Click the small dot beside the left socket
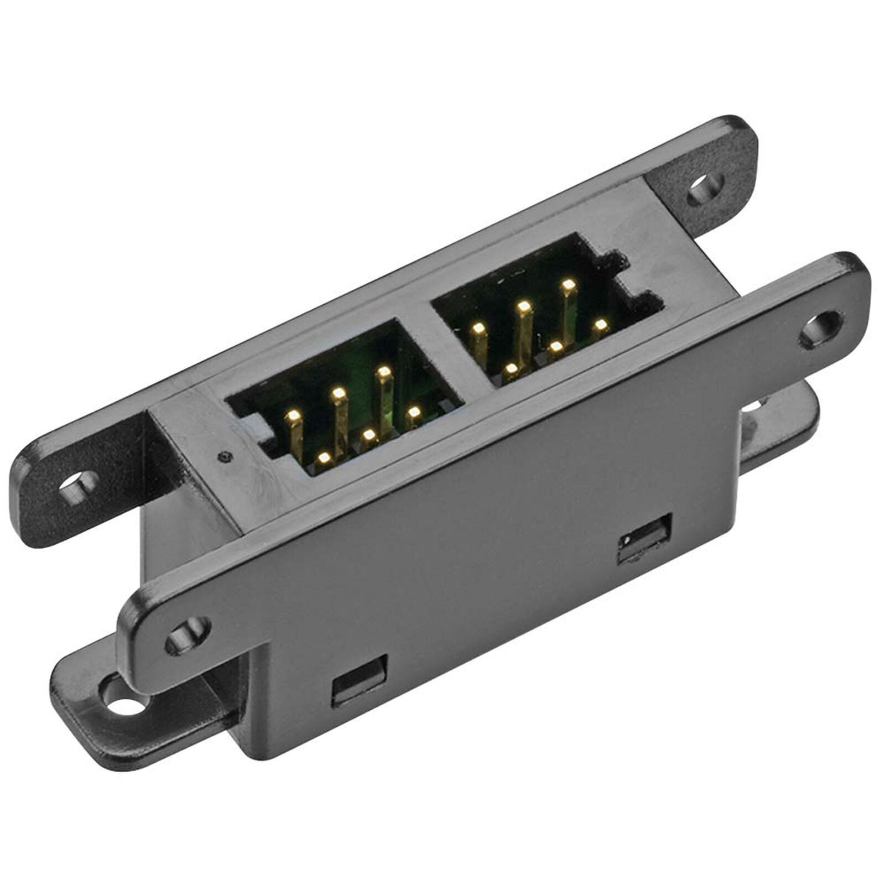223,457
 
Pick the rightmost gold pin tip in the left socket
414,412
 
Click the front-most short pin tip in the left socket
325,457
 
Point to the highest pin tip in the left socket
383,371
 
